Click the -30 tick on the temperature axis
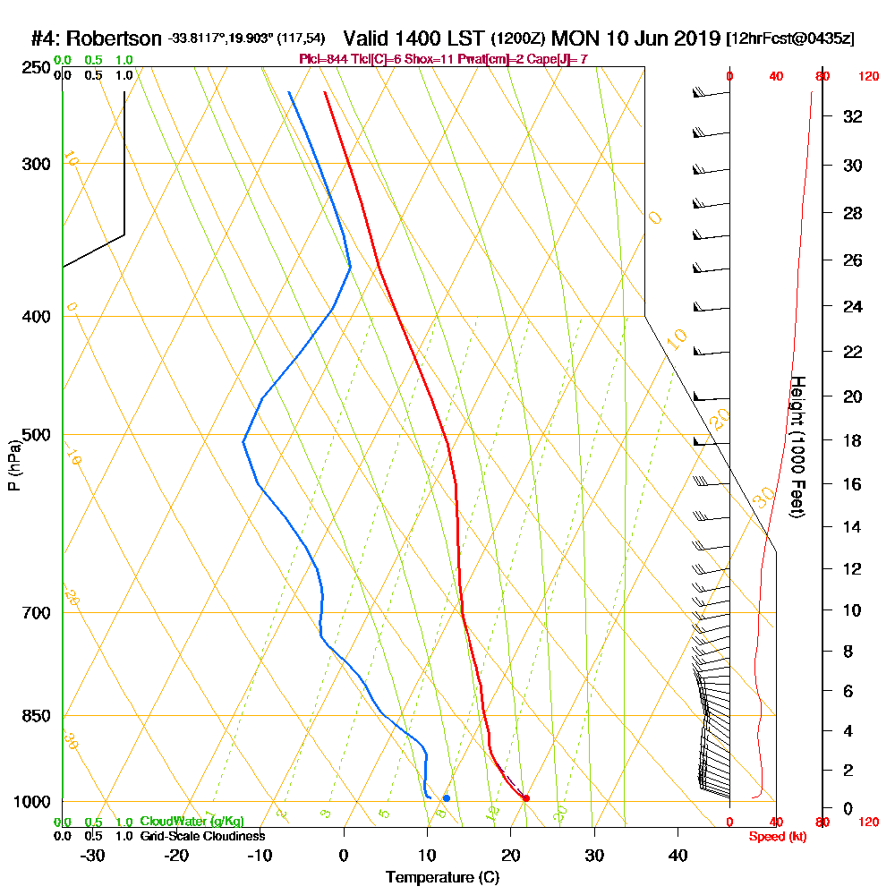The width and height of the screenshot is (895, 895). coord(93,855)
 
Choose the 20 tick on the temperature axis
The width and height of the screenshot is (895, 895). coord(511,855)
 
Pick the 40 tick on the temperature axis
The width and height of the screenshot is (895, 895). coord(678,855)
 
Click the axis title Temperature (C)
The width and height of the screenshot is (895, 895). coord(442,878)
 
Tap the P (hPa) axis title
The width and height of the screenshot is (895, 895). coord(14,465)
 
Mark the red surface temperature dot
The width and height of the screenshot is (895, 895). coord(526,798)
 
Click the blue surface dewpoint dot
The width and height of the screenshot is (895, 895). coord(446,797)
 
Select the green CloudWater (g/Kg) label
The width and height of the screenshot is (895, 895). coord(192,822)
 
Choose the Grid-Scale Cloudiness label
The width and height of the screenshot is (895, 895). coord(202,836)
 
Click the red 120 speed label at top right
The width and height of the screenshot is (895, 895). coord(867,77)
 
